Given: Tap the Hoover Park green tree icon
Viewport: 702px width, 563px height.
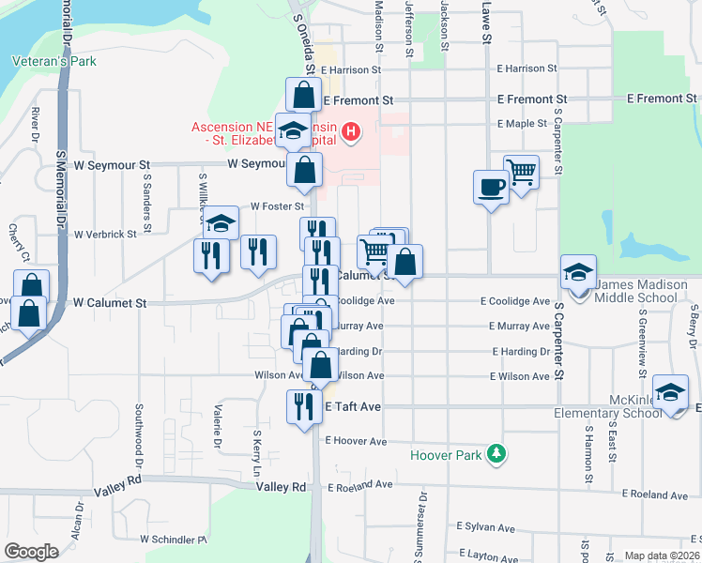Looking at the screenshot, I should [x=496, y=456].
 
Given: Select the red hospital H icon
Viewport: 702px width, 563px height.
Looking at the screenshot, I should [x=350, y=131].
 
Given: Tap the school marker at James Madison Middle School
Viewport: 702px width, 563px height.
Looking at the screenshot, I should [x=578, y=273].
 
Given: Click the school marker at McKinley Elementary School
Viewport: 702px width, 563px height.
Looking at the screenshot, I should [x=670, y=392].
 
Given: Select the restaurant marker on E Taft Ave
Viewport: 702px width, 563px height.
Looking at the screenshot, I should [x=303, y=407].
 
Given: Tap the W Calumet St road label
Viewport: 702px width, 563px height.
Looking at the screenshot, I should [x=111, y=303].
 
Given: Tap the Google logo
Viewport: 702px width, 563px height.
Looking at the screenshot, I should [x=31, y=552].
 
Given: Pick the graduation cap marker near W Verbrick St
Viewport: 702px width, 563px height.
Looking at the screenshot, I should [x=221, y=223].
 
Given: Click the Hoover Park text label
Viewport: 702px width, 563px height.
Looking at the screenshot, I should [x=445, y=457].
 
